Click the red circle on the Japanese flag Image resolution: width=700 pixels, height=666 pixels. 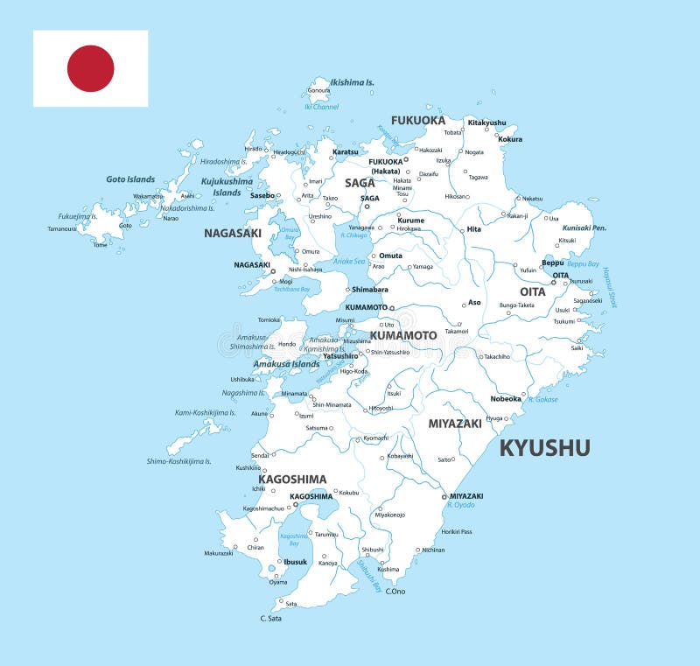click(91, 68)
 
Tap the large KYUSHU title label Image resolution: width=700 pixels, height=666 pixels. click(544, 448)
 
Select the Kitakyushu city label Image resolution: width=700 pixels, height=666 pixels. click(486, 123)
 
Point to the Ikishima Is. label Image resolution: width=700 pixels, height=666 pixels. click(352, 82)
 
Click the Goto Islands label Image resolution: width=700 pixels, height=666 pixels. click(130, 179)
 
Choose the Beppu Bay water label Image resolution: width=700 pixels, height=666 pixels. click(583, 263)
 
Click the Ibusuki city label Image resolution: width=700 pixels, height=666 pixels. click(296, 562)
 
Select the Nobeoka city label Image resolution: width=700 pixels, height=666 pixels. click(506, 399)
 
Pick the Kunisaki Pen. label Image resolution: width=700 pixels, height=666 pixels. click(584, 228)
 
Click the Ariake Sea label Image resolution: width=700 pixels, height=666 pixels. click(349, 261)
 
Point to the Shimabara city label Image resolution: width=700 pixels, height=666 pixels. click(370, 290)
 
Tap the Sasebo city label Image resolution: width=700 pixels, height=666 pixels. click(262, 195)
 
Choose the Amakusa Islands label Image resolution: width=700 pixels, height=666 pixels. click(287, 364)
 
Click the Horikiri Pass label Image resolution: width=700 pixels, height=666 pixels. click(457, 531)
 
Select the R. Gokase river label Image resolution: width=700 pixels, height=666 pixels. click(542, 399)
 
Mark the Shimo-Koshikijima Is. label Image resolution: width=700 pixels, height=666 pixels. click(179, 461)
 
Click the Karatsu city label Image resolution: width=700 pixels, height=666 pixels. click(346, 152)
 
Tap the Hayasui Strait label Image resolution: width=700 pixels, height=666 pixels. click(610, 288)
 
